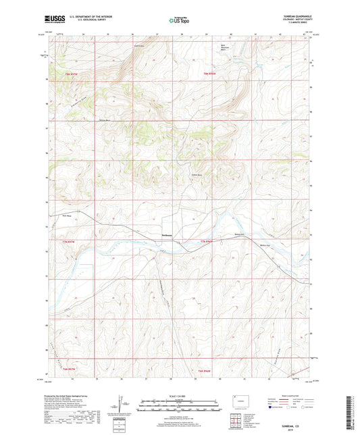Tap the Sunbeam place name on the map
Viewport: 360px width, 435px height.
coord(167,234)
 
